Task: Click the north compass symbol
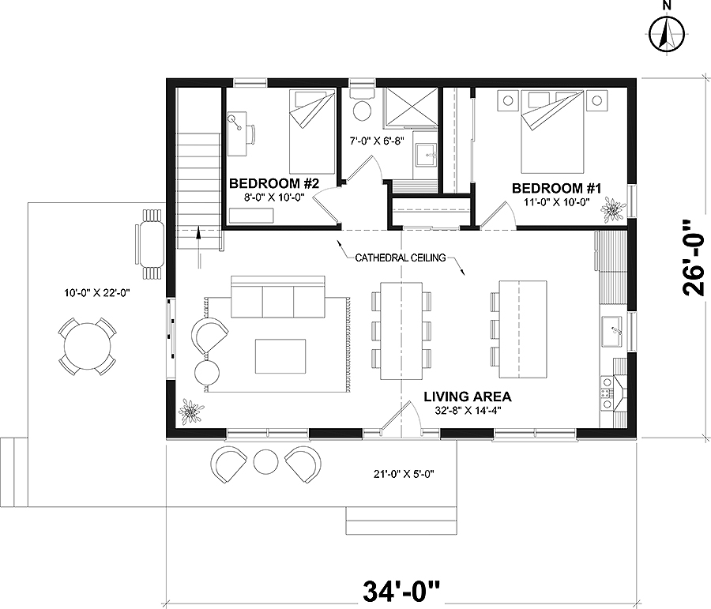click(x=666, y=34)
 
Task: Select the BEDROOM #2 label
click(x=273, y=184)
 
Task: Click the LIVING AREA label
click(x=467, y=397)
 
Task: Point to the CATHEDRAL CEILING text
click(x=401, y=258)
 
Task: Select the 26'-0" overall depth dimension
click(x=692, y=257)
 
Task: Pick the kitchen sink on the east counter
click(x=611, y=331)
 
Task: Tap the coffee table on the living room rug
click(x=280, y=355)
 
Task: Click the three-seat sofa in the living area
click(x=277, y=298)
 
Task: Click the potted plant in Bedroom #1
click(x=611, y=209)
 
